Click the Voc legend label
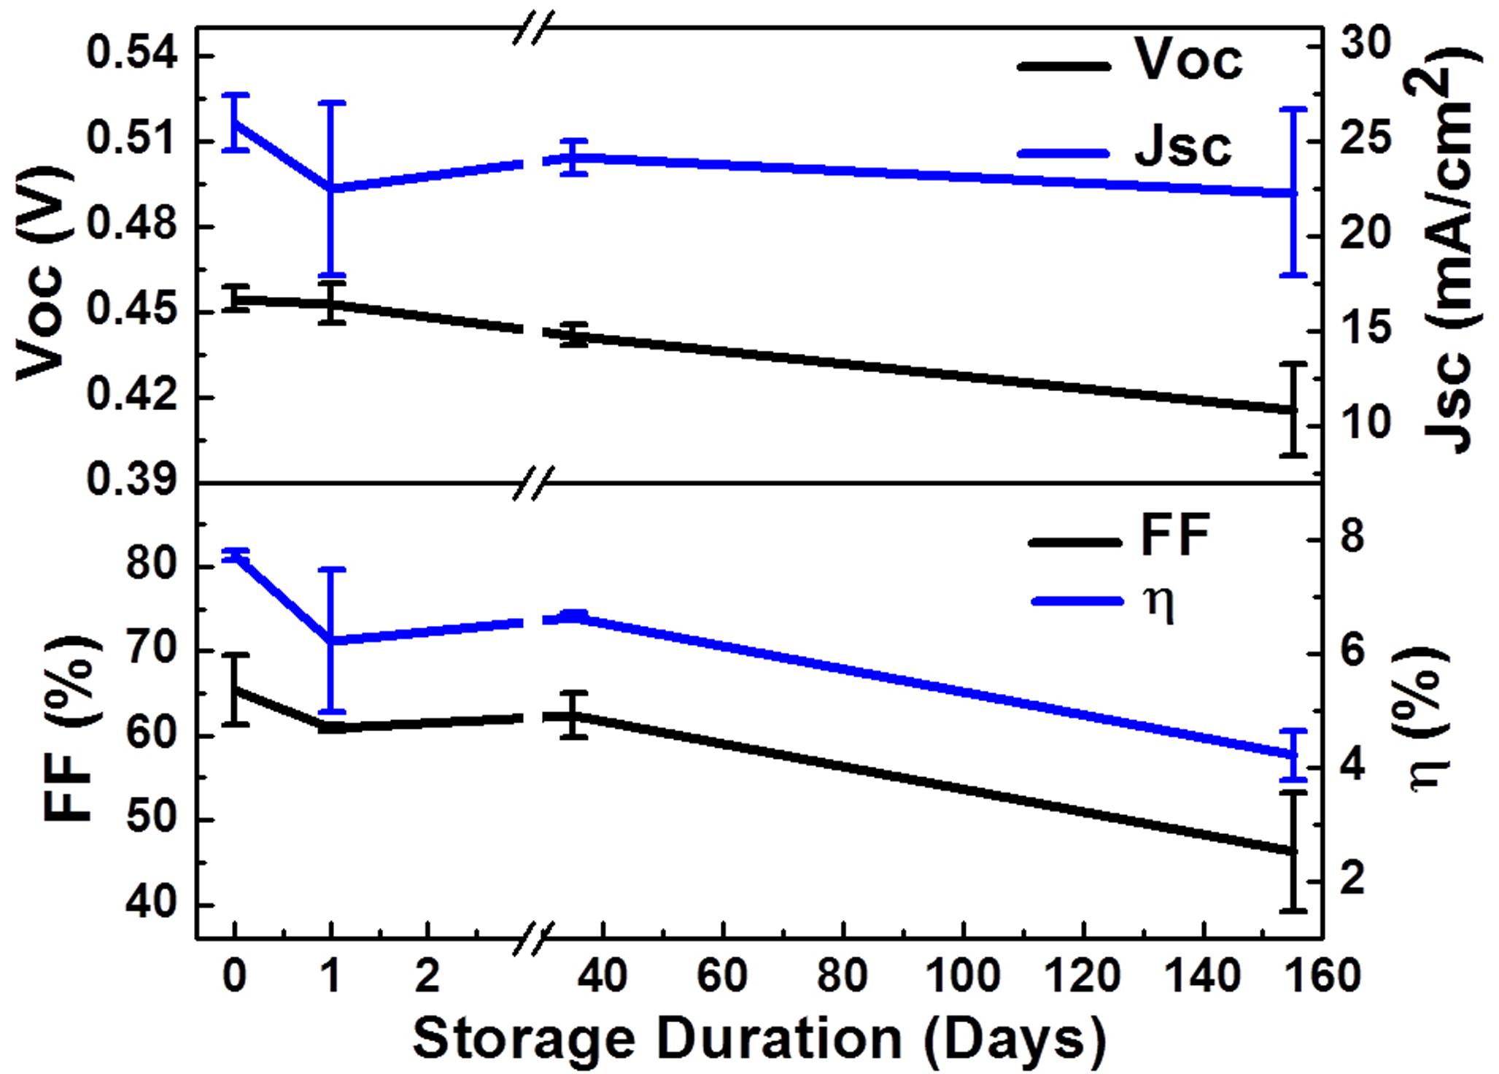click(x=1188, y=59)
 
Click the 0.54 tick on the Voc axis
click(x=132, y=55)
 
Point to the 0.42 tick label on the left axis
click(x=132, y=395)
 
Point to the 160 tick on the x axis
click(x=1322, y=976)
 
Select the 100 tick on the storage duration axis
click(x=963, y=976)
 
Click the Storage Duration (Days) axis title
click(x=759, y=1038)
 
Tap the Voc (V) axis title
click(x=45, y=274)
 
